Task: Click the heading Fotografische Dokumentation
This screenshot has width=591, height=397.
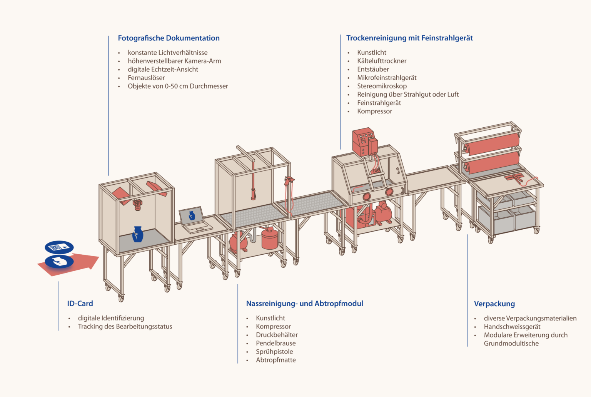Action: pyautogui.click(x=169, y=38)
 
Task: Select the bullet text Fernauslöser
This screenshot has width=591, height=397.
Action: pyautogui.click(x=146, y=78)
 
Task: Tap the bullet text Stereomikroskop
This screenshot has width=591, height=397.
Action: pyautogui.click(x=382, y=86)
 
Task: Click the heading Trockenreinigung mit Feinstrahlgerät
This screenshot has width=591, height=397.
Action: pyautogui.click(x=409, y=38)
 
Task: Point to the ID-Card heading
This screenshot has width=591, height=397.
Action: pyautogui.click(x=80, y=304)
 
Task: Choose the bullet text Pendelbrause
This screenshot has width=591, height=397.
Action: pyautogui.click(x=276, y=343)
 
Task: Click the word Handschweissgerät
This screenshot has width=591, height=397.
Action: pyautogui.click(x=512, y=327)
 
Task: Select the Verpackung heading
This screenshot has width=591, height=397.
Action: pyautogui.click(x=494, y=304)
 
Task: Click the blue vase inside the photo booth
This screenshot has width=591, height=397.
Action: pyautogui.click(x=137, y=234)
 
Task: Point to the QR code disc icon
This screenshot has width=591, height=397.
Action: pyautogui.click(x=59, y=247)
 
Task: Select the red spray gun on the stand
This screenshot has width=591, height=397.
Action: pyautogui.click(x=289, y=182)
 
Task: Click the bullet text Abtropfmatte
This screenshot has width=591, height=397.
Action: pyautogui.click(x=276, y=360)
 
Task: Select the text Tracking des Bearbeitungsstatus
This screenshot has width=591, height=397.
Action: pyautogui.click(x=125, y=327)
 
